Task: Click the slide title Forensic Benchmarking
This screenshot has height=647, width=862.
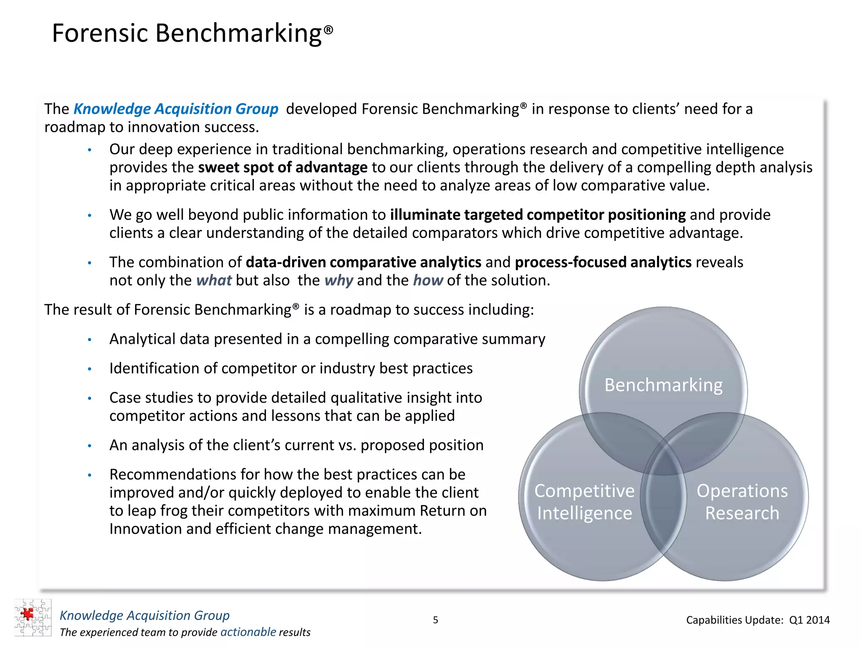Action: pyautogui.click(x=192, y=33)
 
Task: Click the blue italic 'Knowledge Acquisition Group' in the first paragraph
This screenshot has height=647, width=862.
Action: pyautogui.click(x=176, y=109)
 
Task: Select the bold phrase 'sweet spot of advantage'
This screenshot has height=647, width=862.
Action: pyautogui.click(x=282, y=168)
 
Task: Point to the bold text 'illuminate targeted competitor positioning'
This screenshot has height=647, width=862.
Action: pyautogui.click(x=537, y=215)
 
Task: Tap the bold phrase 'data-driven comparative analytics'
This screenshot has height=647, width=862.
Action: pyautogui.click(x=363, y=262)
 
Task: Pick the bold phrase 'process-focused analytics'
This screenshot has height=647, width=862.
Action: pyautogui.click(x=603, y=262)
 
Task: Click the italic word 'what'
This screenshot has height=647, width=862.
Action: pyautogui.click(x=214, y=281)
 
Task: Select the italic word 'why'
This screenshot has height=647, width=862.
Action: pyautogui.click(x=338, y=281)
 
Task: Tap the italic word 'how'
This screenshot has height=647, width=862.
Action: pyautogui.click(x=428, y=281)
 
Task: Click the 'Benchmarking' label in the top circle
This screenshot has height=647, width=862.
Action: pyautogui.click(x=663, y=385)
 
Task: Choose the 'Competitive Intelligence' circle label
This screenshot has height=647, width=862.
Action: pyautogui.click(x=584, y=502)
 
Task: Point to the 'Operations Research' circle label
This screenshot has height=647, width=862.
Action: pyautogui.click(x=742, y=502)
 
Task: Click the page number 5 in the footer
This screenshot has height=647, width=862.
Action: pyautogui.click(x=436, y=620)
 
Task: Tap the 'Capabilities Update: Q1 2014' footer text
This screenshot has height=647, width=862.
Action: pyautogui.click(x=758, y=620)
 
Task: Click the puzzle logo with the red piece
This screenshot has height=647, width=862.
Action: pyautogui.click(x=32, y=618)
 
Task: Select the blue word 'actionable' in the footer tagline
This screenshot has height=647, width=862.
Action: pyautogui.click(x=248, y=632)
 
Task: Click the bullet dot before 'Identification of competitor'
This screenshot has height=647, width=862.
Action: pyautogui.click(x=90, y=369)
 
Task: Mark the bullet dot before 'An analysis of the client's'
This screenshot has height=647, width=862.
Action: pyautogui.click(x=90, y=446)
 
